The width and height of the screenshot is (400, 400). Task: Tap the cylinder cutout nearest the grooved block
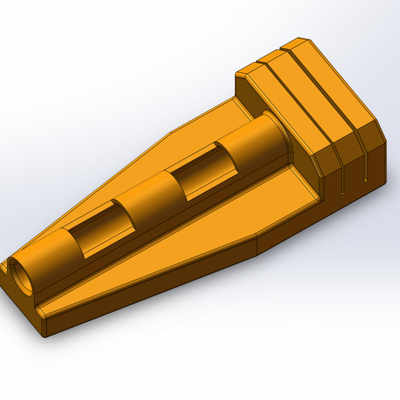click(198, 174)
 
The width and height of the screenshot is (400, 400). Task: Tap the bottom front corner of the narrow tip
click(46, 334)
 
